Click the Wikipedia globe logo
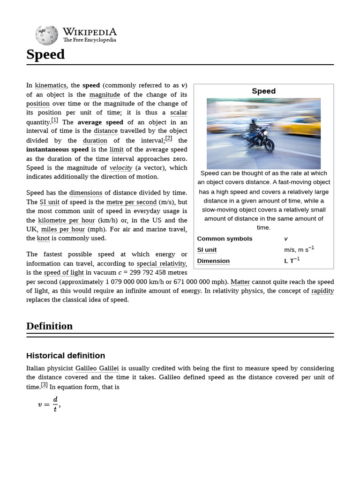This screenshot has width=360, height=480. pos(46,35)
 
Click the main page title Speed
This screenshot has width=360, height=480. pos(45,55)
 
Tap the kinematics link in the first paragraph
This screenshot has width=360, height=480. pos(51,85)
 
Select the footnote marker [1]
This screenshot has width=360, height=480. pos(55,120)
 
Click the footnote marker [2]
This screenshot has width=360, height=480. pos(169,139)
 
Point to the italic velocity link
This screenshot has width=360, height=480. pos(121,168)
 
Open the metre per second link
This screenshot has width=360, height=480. pos(131,202)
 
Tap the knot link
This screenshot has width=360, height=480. pos(44,238)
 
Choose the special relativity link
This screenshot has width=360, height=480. pos(162,263)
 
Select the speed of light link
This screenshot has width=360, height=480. pos(64,273)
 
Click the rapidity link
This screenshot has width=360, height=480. pos(322,291)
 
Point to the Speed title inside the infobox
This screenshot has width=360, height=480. pos(263,91)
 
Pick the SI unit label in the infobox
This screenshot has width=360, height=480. pos(207,250)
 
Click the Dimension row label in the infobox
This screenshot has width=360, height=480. pos(213,261)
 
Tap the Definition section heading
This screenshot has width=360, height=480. pos(49,326)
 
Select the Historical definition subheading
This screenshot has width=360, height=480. pos(66,355)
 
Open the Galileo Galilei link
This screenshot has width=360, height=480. pos(97,368)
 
